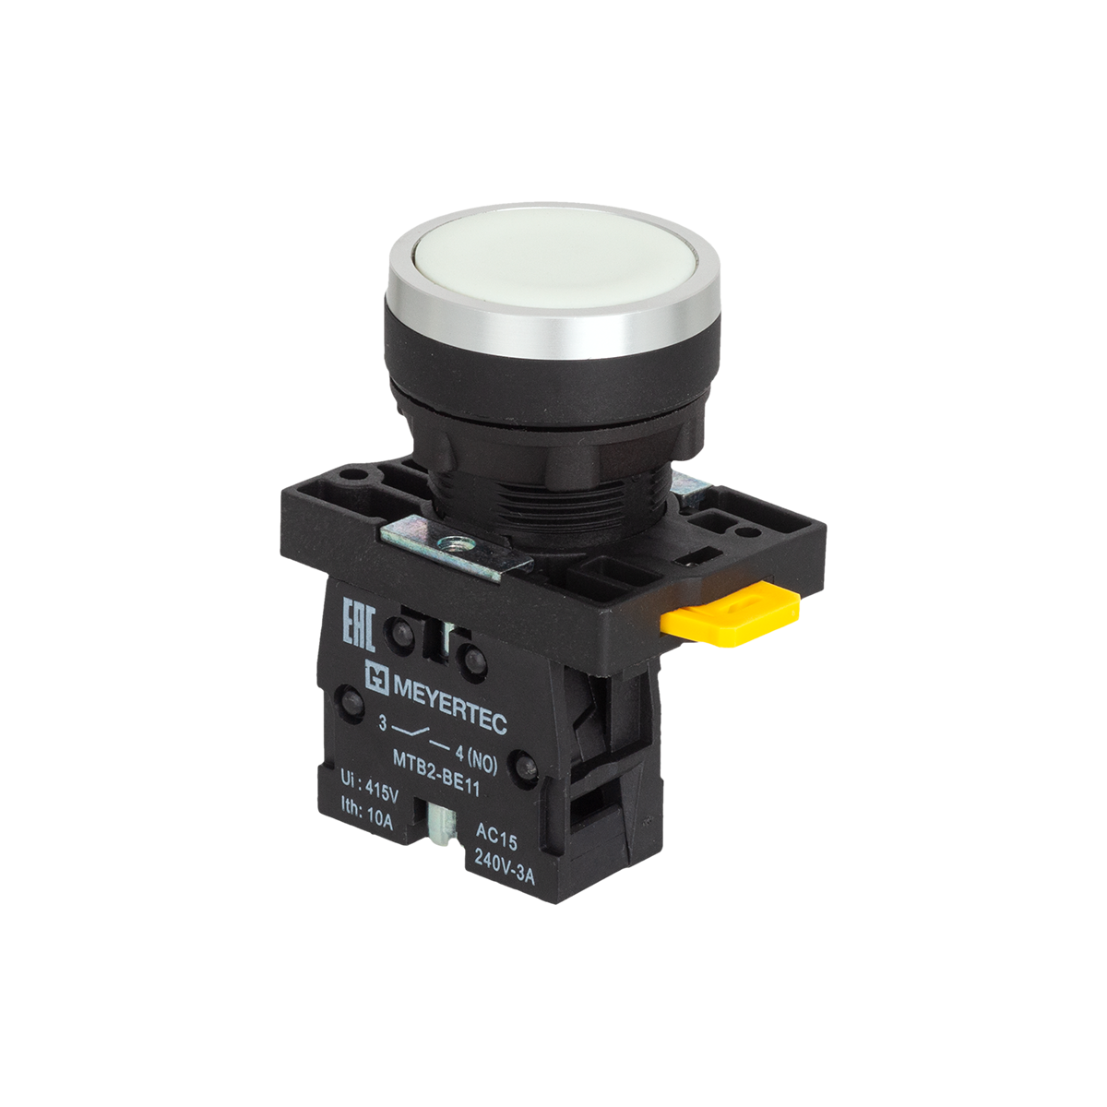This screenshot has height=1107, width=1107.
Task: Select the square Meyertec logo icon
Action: click(x=376, y=675)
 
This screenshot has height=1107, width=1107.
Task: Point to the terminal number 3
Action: click(x=383, y=725)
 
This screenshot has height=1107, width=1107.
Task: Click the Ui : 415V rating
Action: click(x=369, y=787)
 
